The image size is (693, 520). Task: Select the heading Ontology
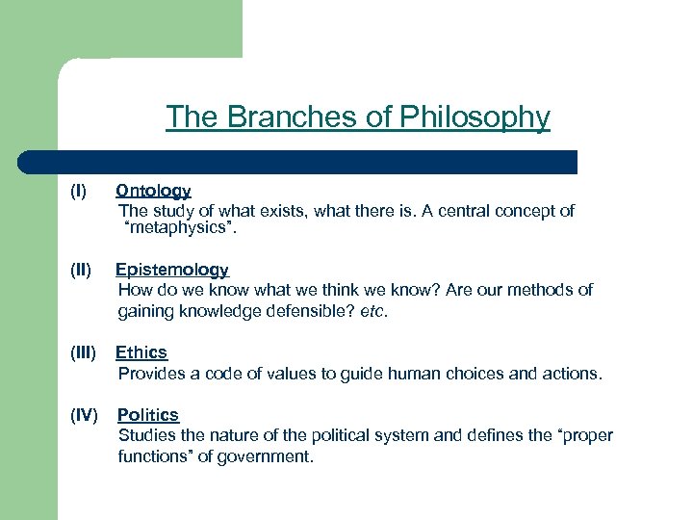153,192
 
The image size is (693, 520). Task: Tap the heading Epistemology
172,271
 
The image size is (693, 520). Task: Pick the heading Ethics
141,352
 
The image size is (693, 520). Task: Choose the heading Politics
148,415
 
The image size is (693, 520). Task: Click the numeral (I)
78,192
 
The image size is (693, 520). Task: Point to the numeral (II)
81,271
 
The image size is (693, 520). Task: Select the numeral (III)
84,352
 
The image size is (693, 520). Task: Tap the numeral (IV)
85,415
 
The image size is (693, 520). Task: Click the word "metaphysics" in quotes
179,229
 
